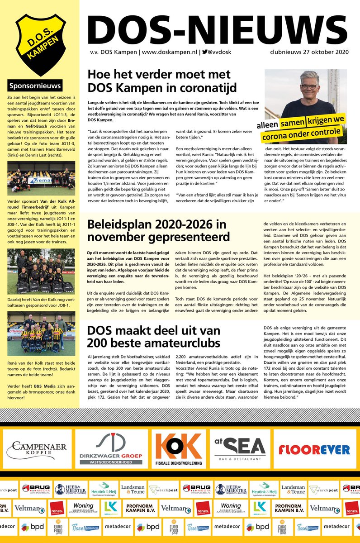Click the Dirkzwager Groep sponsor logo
point(111,448)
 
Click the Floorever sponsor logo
point(314,449)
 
